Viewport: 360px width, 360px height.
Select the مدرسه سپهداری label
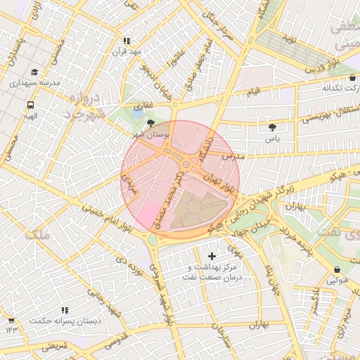coord(35,83)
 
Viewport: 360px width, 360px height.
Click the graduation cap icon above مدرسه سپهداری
coord(35,72)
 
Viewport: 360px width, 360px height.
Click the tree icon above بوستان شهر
coord(151,122)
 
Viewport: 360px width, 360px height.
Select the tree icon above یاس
coord(272,127)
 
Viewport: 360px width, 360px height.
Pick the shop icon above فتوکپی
coord(337,270)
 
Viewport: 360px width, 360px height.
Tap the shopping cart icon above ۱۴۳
coord(11,319)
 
